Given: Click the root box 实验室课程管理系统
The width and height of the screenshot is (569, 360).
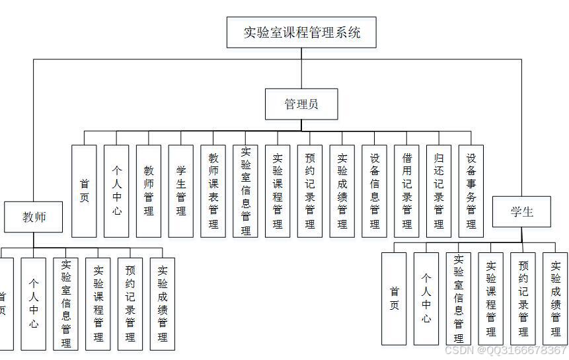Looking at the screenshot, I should click(x=301, y=32).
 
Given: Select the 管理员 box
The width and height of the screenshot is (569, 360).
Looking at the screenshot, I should click(x=301, y=104).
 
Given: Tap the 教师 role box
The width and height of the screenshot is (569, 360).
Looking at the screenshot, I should click(x=34, y=217).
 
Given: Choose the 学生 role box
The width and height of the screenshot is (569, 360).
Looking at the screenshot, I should click(x=521, y=211).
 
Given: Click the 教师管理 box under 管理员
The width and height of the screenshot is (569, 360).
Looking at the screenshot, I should click(x=149, y=191).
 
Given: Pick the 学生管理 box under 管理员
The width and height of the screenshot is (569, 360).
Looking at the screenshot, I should click(x=181, y=191).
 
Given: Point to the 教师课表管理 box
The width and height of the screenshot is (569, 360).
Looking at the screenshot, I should click(x=213, y=191).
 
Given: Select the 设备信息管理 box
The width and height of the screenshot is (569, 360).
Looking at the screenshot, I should click(x=375, y=191).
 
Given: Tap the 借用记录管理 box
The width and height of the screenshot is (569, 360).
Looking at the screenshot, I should click(x=407, y=191).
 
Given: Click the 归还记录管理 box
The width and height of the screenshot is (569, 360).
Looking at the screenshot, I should click(x=439, y=191).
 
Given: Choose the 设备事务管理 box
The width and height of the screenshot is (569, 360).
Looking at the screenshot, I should click(x=471, y=191).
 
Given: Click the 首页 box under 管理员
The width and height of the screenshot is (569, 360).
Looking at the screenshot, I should click(x=84, y=191).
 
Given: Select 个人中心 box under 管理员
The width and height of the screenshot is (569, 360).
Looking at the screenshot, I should click(x=116, y=191).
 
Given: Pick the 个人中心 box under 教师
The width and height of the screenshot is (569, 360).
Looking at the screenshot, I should click(x=34, y=304).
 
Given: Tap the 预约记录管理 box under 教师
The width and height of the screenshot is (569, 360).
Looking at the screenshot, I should click(x=130, y=304).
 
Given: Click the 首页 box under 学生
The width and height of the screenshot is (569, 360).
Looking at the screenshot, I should click(x=395, y=299).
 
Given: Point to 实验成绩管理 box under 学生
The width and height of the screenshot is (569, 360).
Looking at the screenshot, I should click(x=556, y=299).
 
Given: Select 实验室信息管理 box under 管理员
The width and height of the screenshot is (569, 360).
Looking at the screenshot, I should click(x=246, y=191).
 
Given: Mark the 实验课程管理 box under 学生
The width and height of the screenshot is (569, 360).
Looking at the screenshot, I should click(x=491, y=299).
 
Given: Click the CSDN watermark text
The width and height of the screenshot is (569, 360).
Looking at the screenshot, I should click(x=506, y=350).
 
